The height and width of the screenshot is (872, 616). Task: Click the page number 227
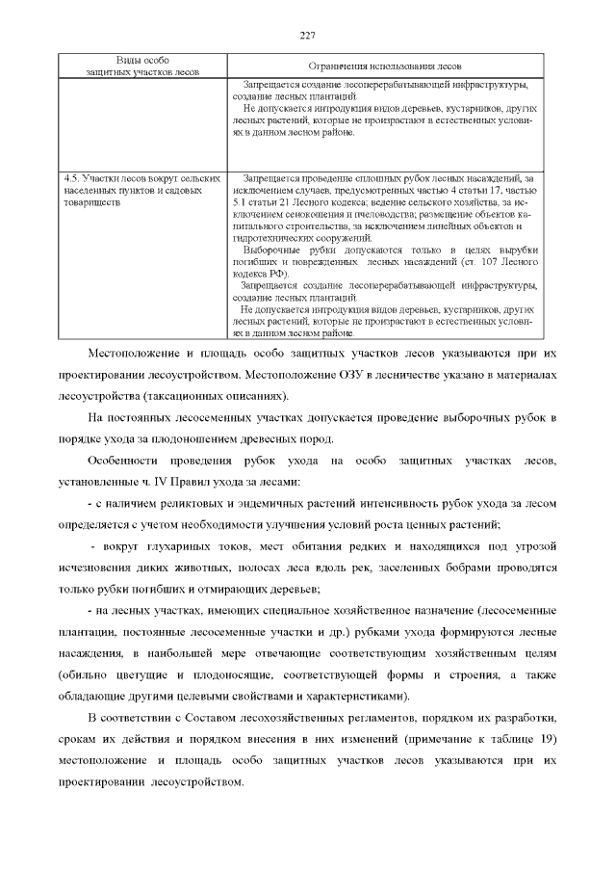[x=308, y=36]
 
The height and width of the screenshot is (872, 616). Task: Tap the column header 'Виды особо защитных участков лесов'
[x=142, y=66]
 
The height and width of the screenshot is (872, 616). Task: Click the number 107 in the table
[x=487, y=262]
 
